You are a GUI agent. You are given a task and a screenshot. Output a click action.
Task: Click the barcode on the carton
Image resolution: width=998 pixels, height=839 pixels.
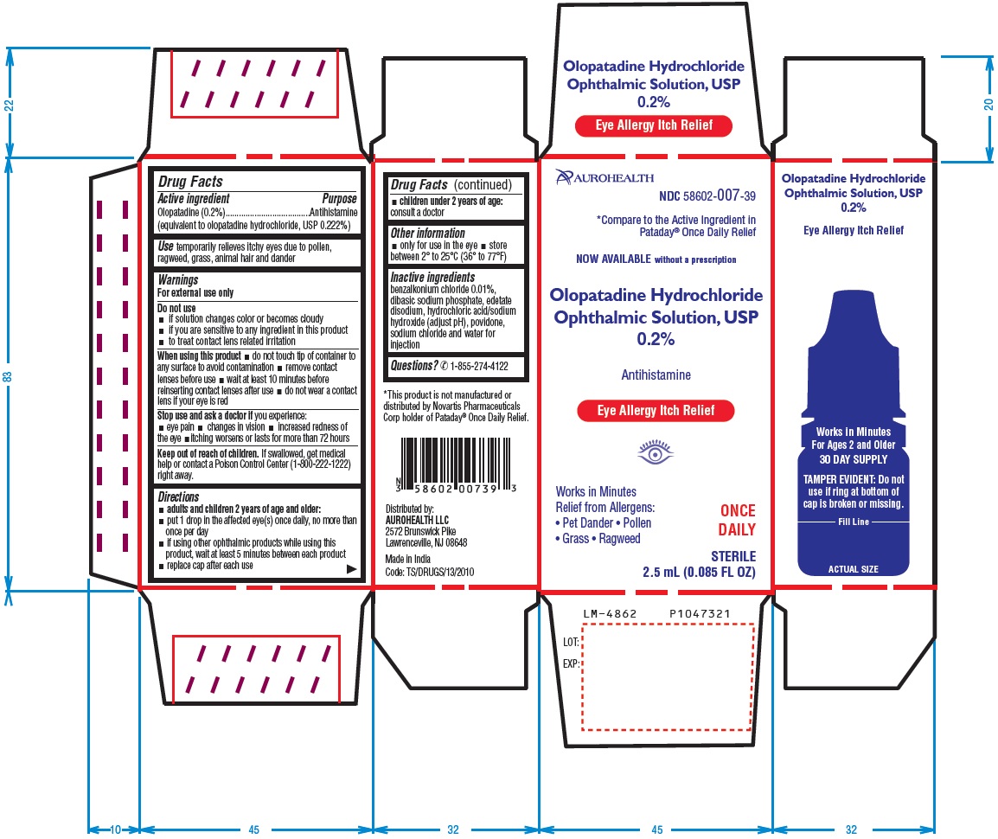(456, 464)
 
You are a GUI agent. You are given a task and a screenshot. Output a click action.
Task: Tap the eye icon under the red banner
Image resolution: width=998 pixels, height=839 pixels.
(655, 452)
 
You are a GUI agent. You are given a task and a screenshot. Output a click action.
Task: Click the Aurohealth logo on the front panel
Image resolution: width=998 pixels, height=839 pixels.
(605, 177)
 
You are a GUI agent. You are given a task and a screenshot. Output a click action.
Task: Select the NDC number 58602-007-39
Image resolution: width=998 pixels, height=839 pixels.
(707, 196)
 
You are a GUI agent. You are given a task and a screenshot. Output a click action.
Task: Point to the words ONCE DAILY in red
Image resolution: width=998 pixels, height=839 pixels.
(737, 520)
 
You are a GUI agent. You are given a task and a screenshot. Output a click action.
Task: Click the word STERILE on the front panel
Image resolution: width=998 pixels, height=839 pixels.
(733, 556)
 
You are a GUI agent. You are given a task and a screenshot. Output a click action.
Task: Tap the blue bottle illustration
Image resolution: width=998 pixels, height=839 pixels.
(853, 432)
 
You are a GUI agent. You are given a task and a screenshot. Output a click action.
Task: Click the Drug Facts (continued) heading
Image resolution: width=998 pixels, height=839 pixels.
(451, 184)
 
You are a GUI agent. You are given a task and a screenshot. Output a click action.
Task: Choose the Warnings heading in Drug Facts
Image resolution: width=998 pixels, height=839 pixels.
(178, 280)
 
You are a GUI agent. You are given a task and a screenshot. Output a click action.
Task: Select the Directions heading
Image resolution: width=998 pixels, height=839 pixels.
(178, 496)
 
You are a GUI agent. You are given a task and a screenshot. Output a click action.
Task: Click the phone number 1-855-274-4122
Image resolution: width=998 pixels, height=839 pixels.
(479, 366)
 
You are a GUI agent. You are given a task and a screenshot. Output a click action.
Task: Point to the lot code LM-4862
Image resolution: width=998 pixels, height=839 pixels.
(610, 613)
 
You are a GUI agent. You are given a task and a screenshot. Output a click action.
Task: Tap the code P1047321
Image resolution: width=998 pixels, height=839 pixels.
(700, 613)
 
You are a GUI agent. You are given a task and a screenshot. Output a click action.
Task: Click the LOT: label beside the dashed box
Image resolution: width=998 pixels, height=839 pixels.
(570, 643)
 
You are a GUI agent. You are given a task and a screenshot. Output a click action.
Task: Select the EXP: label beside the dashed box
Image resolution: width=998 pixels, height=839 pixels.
(570, 663)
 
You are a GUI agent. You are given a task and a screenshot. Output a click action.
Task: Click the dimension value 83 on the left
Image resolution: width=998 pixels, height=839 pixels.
(9, 377)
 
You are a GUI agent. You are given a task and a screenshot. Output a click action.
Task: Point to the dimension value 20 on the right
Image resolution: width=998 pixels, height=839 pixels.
(988, 105)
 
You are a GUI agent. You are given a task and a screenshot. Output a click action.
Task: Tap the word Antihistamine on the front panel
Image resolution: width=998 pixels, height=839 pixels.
(656, 375)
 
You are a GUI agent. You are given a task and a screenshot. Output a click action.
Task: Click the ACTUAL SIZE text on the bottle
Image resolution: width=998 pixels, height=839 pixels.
(853, 569)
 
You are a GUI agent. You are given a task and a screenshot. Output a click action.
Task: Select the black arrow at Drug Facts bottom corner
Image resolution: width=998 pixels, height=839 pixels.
(351, 569)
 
